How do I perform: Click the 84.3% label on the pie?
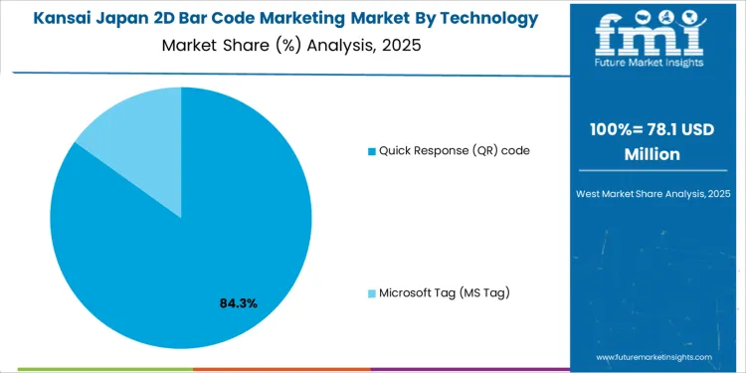click(x=238, y=302)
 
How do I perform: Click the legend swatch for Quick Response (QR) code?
click(x=372, y=151)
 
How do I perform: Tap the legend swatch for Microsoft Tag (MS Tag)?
click(x=372, y=292)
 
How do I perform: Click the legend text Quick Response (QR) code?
click(x=454, y=151)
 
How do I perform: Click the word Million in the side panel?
click(x=652, y=154)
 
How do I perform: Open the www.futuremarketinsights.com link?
click(x=654, y=356)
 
